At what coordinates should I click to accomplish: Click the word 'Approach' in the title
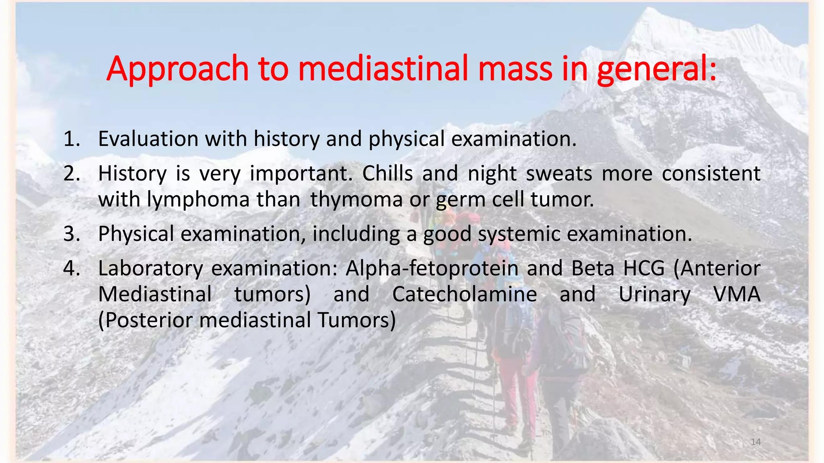pyautogui.click(x=177, y=69)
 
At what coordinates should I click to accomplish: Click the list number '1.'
pyautogui.click(x=72, y=139)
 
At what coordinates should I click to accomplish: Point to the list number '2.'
pyautogui.click(x=72, y=174)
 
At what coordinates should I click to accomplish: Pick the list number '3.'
pyautogui.click(x=72, y=234)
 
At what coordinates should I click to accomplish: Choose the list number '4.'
pyautogui.click(x=72, y=268)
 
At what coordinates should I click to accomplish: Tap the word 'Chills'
pyautogui.click(x=387, y=174)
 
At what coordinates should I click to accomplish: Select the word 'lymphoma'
pyautogui.click(x=198, y=199)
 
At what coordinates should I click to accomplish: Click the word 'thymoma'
pyautogui.click(x=356, y=199)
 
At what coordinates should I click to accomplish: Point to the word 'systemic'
pyautogui.click(x=519, y=234)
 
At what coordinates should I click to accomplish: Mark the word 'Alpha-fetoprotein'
pyautogui.click(x=432, y=268)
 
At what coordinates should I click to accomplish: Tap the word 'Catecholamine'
pyautogui.click(x=464, y=294)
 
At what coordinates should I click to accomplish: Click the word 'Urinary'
pyautogui.click(x=654, y=294)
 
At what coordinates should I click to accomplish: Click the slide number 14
pyautogui.click(x=756, y=442)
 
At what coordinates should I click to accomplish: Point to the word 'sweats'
pyautogui.click(x=559, y=174)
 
